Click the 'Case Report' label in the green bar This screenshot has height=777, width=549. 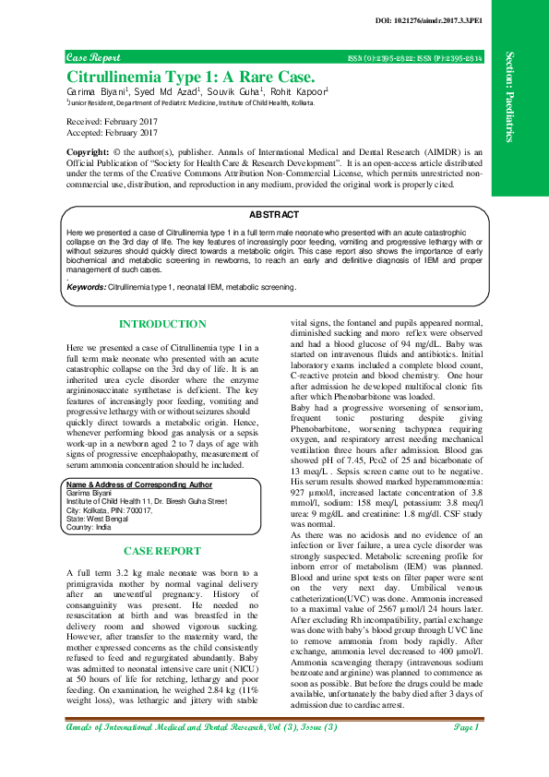[x=91, y=57]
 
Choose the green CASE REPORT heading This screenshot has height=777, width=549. [x=162, y=551]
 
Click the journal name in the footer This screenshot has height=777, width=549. [x=203, y=755]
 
